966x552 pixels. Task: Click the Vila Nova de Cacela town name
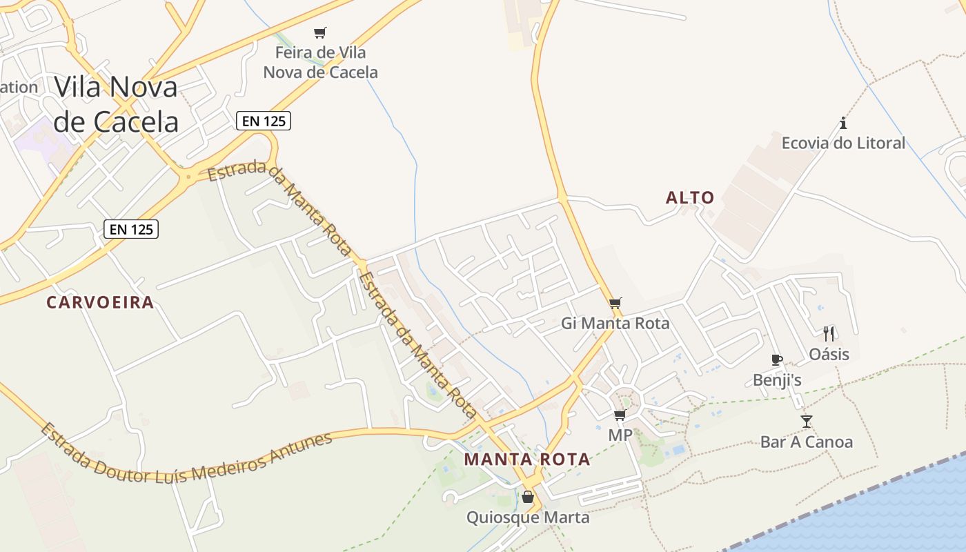(x=116, y=104)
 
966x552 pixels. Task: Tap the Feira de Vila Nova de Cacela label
(x=321, y=62)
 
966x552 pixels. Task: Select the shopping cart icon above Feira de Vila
(x=319, y=32)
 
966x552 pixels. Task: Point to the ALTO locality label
(x=690, y=198)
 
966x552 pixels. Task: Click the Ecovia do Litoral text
(x=843, y=144)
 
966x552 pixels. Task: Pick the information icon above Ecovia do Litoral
(x=843, y=124)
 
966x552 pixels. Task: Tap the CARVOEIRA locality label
(x=100, y=302)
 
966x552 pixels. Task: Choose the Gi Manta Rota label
(x=615, y=323)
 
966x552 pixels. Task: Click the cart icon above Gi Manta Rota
(x=615, y=303)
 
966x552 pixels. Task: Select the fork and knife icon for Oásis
(x=829, y=334)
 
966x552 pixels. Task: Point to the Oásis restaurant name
(x=829, y=355)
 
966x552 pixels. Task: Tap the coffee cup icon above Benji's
(x=777, y=359)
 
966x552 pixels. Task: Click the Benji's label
(x=777, y=380)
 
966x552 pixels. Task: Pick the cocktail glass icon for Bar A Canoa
(x=807, y=421)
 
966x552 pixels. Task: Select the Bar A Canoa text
(x=807, y=442)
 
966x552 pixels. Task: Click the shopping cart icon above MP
(x=620, y=415)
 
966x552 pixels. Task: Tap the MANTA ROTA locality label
(x=527, y=460)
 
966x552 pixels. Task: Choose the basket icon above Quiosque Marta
(x=528, y=497)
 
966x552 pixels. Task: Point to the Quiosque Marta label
(x=528, y=517)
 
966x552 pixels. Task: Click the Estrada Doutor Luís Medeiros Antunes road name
(x=186, y=453)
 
